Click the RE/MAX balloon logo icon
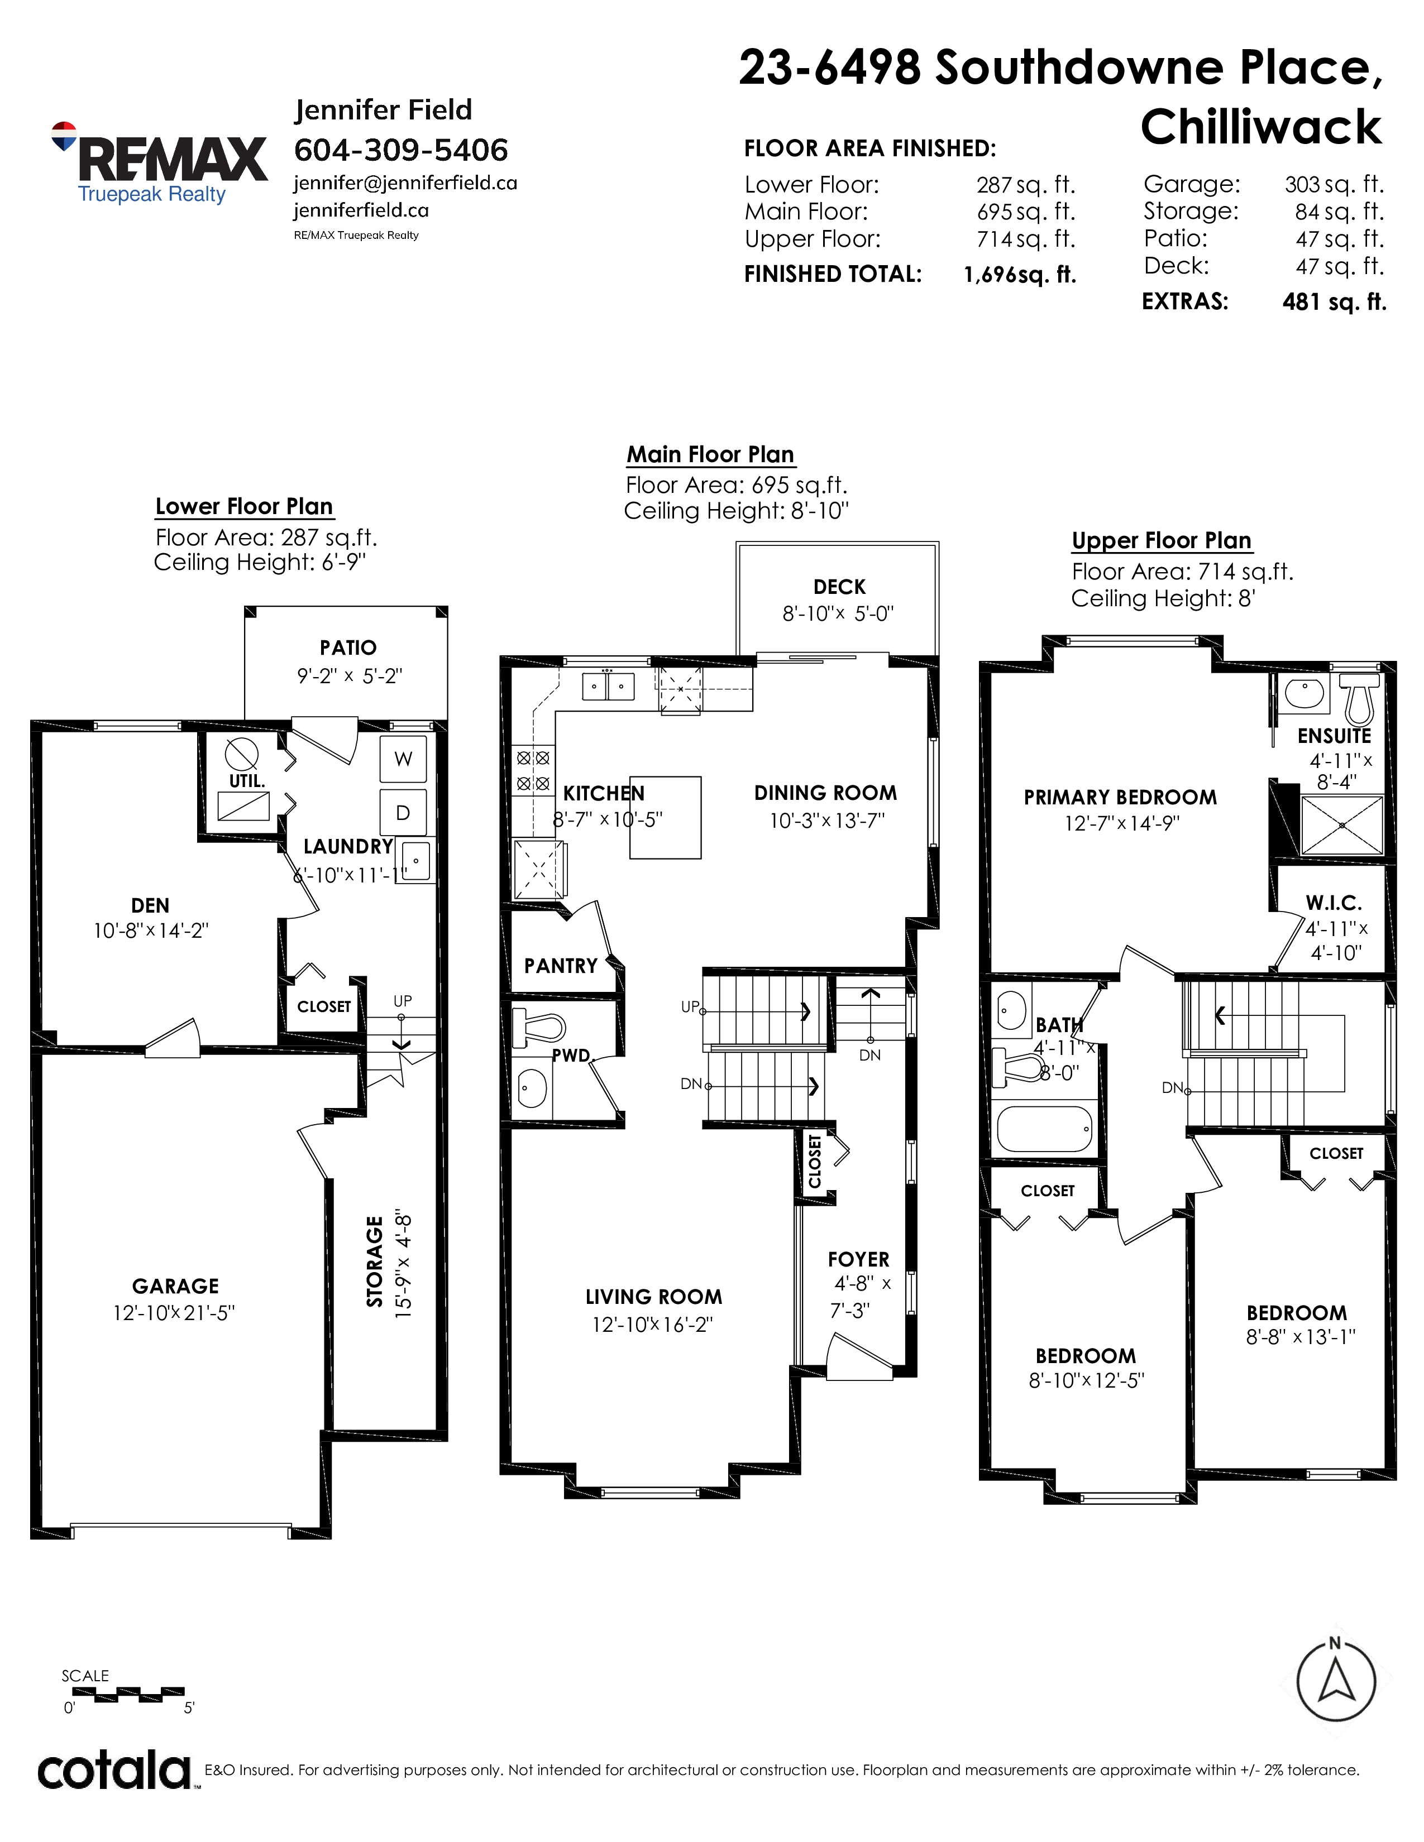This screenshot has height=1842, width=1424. (x=64, y=136)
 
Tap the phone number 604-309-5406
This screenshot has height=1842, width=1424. (x=401, y=150)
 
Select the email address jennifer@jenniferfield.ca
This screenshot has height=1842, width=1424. (x=405, y=183)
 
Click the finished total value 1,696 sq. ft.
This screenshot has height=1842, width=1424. (x=1020, y=275)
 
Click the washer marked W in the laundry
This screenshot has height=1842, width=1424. (x=403, y=759)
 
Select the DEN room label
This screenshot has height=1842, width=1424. (x=150, y=906)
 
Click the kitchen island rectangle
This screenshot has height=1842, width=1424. (x=666, y=817)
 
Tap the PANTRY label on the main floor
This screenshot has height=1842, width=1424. (x=561, y=966)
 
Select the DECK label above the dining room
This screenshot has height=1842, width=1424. (x=839, y=587)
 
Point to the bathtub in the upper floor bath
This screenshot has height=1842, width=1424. (x=1045, y=1129)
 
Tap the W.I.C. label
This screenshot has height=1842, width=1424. (x=1334, y=903)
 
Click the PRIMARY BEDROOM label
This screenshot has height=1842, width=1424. (x=1120, y=798)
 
